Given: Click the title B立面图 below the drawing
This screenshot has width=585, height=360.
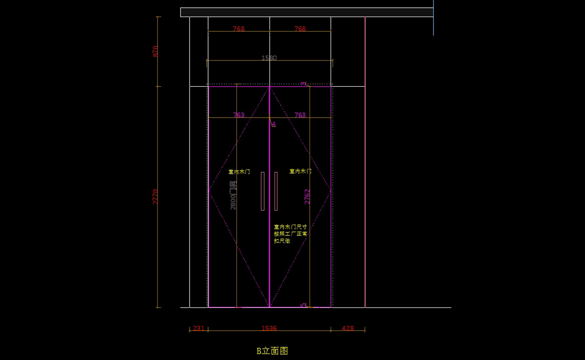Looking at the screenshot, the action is [273, 351].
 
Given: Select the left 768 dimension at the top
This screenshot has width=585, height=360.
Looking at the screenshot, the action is [239, 29].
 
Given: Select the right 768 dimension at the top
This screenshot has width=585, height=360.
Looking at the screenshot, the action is [300, 29].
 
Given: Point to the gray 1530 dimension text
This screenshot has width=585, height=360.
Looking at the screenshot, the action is [269, 58].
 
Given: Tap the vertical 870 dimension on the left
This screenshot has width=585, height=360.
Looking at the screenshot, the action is [156, 51].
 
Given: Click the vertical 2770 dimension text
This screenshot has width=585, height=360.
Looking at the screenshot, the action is [156, 197].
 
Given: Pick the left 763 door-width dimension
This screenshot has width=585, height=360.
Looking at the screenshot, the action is [239, 115].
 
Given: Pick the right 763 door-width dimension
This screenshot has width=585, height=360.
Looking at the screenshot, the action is [300, 115].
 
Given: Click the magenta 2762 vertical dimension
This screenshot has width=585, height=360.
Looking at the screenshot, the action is [307, 197].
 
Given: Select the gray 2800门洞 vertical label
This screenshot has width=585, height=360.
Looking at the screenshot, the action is [233, 196].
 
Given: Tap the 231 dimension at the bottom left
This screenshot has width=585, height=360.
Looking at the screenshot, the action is [199, 328].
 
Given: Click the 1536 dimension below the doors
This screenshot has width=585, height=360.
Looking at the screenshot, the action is [269, 328].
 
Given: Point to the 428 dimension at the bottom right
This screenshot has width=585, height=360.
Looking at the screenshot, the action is [348, 328].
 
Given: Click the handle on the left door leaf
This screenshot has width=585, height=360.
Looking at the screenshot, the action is [263, 191].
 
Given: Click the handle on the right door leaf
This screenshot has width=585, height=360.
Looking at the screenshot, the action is [276, 191].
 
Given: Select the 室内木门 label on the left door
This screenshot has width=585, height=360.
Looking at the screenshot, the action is [239, 172].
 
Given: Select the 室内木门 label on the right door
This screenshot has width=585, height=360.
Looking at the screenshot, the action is [300, 171].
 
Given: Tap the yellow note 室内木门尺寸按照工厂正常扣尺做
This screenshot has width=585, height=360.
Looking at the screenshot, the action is [291, 234].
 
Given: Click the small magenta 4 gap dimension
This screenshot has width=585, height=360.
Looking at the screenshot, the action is [273, 124].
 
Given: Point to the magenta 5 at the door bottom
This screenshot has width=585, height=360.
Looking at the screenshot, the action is [303, 304].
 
